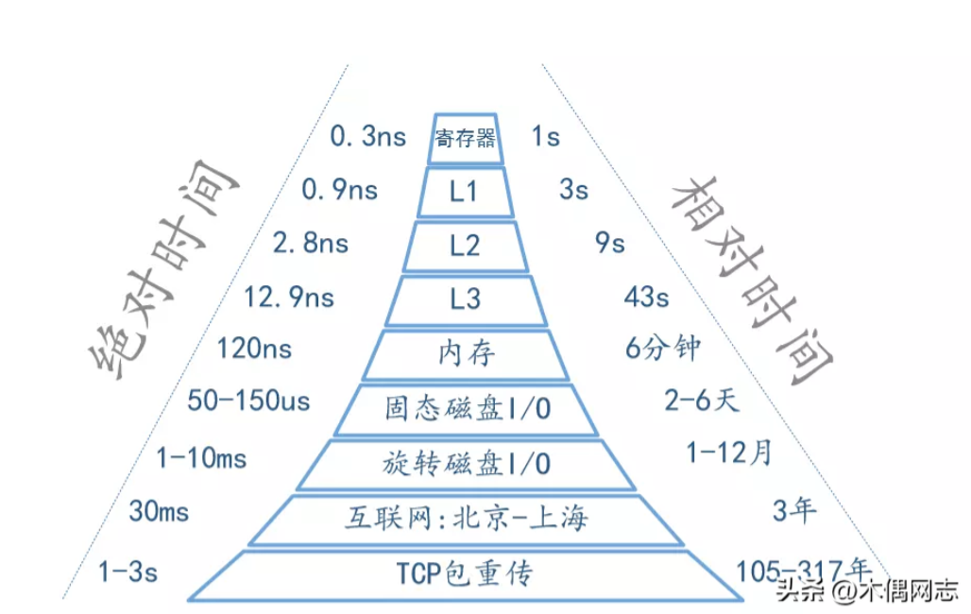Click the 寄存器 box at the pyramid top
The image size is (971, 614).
[x=465, y=138]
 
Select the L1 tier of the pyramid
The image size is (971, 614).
[x=465, y=192]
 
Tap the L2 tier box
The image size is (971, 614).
[x=465, y=246]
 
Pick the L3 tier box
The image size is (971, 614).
[x=465, y=299]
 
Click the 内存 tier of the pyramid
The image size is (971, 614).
[x=465, y=354]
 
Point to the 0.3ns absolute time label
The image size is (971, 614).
[x=367, y=136]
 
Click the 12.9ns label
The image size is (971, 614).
[x=289, y=298]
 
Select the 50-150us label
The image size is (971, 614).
[x=248, y=401]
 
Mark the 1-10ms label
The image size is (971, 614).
[x=201, y=458]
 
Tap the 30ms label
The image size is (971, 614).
[x=159, y=512]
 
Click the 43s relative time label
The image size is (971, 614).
[x=646, y=298]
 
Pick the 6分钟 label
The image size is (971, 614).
[x=663, y=348]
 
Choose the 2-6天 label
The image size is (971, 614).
[x=702, y=400]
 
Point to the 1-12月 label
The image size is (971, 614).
[x=729, y=452]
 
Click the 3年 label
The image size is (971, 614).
[x=794, y=510]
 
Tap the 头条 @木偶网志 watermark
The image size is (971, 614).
[x=867, y=589]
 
